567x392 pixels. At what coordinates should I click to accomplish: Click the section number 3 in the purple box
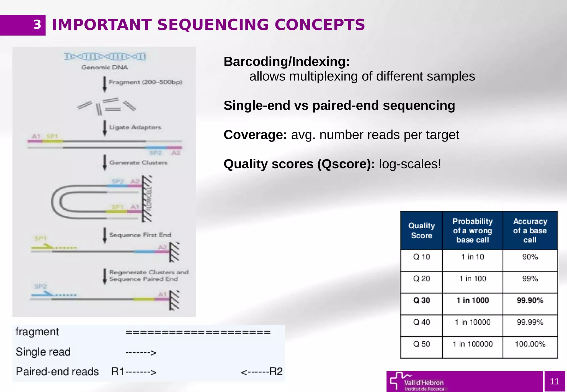[37, 25]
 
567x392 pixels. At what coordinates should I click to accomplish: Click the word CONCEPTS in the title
[320, 25]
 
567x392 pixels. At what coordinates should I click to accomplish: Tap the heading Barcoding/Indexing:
[287, 61]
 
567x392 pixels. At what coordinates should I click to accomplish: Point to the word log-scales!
[410, 164]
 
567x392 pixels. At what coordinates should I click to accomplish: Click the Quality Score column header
[421, 231]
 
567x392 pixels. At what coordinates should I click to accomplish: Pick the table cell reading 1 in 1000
[472, 300]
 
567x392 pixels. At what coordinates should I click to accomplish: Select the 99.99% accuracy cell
[530, 322]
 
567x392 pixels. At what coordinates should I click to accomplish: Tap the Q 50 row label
[421, 344]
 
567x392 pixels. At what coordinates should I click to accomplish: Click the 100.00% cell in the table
[530, 344]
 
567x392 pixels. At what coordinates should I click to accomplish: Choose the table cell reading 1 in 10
[472, 257]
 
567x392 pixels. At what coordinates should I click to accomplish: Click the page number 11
[554, 381]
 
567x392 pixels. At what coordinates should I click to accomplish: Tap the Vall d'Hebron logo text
[424, 383]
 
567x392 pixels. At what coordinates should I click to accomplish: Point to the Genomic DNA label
[104, 67]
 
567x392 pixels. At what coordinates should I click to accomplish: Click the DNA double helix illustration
[105, 57]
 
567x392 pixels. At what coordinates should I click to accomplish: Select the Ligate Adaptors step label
[135, 127]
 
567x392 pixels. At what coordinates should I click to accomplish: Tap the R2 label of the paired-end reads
[276, 372]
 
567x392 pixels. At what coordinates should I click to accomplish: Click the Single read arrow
[141, 352]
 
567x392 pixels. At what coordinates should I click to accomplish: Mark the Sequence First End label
[140, 235]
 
